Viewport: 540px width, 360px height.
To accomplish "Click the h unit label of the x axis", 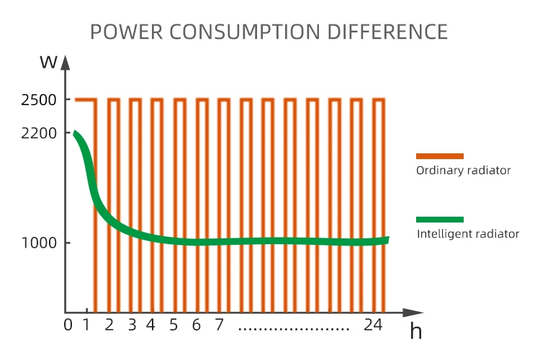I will pos(415,332).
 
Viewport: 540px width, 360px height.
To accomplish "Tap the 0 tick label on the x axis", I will pos(68,325).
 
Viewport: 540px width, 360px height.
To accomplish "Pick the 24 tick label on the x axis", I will pos(372,325).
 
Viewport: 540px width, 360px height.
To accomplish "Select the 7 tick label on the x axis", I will pos(219,325).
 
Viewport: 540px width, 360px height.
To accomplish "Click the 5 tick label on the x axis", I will pos(174,325).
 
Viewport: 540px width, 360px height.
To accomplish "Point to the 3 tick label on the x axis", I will pos(132,325).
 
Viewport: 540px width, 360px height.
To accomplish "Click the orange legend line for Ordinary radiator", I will pos(440,156).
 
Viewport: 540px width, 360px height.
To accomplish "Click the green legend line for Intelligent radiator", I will pos(440,219).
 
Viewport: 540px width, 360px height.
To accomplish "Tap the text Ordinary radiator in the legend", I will pos(464,171).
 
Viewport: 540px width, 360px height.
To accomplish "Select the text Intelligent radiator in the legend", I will pos(468,234).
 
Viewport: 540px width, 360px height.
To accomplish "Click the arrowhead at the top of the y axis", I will pos(66,63).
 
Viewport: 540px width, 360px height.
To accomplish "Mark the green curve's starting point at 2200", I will pos(75,133).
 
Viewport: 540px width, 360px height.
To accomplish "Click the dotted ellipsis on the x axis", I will pos(294,328).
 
